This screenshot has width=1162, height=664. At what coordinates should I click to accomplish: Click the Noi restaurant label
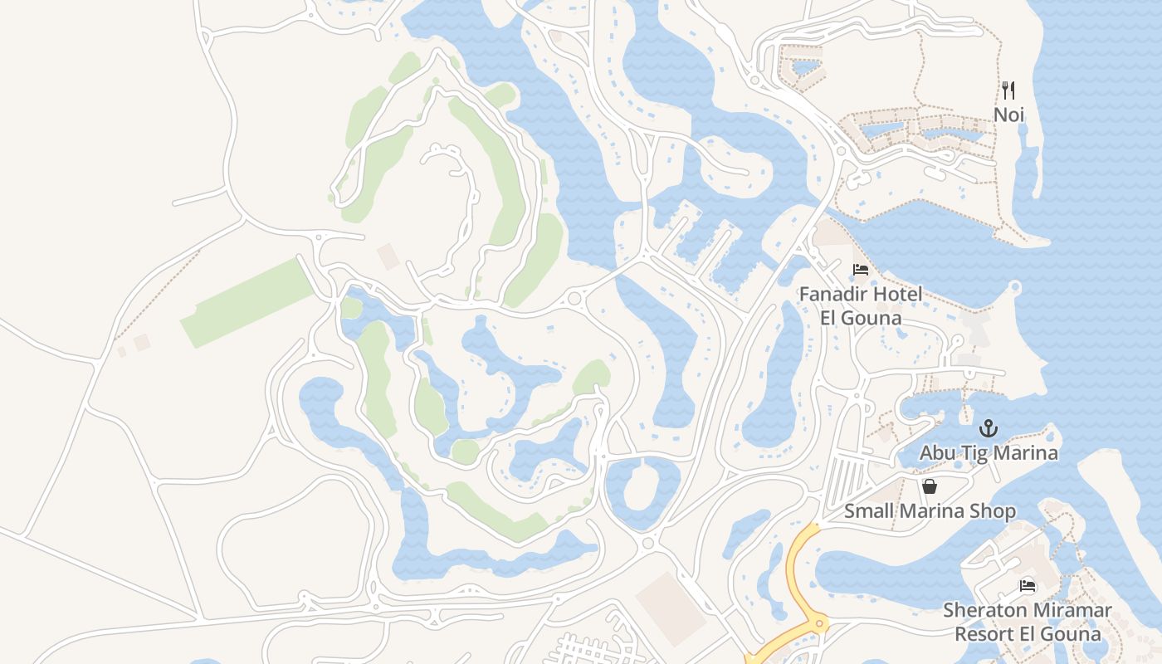[1009, 115]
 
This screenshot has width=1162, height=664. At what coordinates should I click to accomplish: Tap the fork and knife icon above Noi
[1008, 90]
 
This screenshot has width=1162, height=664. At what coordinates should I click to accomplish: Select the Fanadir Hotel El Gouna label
[860, 305]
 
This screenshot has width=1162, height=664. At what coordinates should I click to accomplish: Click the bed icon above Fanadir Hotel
[861, 270]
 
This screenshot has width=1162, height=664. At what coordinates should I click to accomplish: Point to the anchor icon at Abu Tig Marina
[988, 428]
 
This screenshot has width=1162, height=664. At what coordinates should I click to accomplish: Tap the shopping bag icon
[930, 486]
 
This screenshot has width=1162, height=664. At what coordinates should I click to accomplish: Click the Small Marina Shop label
[930, 510]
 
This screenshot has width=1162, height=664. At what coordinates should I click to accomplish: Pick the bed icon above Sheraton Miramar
[1028, 586]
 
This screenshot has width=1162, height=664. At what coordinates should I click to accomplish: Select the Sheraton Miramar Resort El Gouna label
[1028, 622]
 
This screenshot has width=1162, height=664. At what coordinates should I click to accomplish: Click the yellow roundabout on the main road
[819, 623]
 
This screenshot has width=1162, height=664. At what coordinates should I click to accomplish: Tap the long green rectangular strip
[247, 303]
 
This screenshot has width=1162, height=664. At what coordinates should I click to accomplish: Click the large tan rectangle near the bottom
[671, 609]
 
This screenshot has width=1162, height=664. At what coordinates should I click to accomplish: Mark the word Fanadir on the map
[834, 294]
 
